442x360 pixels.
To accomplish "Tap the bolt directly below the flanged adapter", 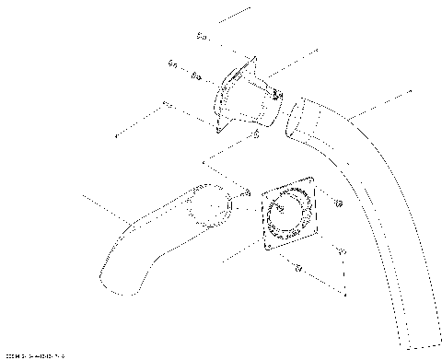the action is [x=255, y=135].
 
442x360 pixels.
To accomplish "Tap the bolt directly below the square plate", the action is [x=299, y=269].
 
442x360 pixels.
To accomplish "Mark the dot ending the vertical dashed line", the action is [x=345, y=296].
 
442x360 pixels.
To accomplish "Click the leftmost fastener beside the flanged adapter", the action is [x=172, y=64].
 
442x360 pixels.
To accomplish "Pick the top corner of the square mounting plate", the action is [x=310, y=183].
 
